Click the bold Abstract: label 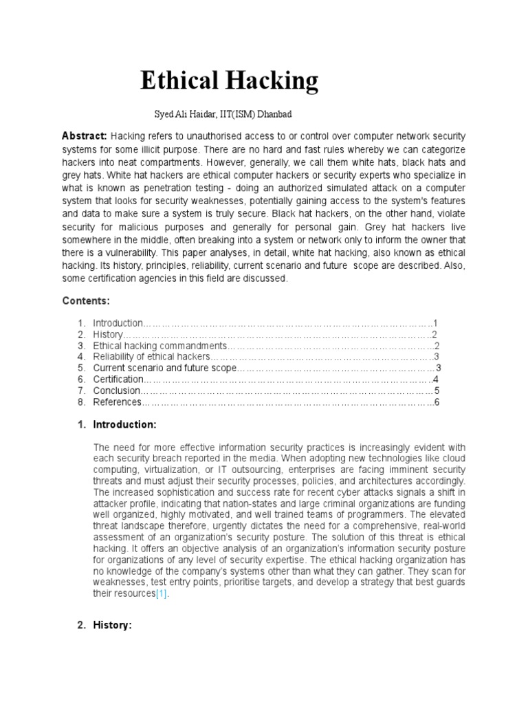click(85, 135)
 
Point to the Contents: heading click(86, 301)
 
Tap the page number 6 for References click(436, 401)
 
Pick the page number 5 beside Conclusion click(436, 390)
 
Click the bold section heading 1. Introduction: click(118, 424)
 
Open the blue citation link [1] click(162, 593)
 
